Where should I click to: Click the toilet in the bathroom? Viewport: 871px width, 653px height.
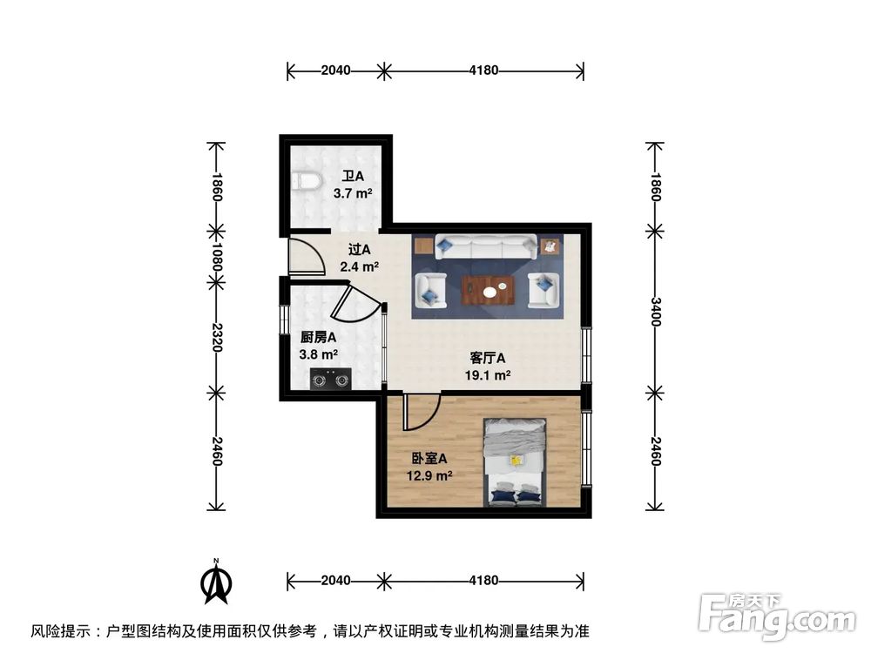pos(307,182)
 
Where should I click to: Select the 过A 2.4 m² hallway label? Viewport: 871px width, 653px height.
pos(359,258)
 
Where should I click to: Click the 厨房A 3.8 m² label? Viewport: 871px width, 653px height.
pos(319,346)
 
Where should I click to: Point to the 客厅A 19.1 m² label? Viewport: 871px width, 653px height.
pos(488,367)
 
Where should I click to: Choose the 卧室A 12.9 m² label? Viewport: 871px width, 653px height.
pos(430,467)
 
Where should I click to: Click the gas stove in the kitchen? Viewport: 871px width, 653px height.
pos(330,379)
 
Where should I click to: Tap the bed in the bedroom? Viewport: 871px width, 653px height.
pos(516,461)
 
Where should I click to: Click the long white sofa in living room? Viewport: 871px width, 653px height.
pos(486,246)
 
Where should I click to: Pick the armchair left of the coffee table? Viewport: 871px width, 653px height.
pos(430,289)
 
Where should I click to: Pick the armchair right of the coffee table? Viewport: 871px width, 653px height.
pos(544,289)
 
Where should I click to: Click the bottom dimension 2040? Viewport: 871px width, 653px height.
pos(335,580)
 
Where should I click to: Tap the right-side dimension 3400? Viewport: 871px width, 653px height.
pos(656,312)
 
